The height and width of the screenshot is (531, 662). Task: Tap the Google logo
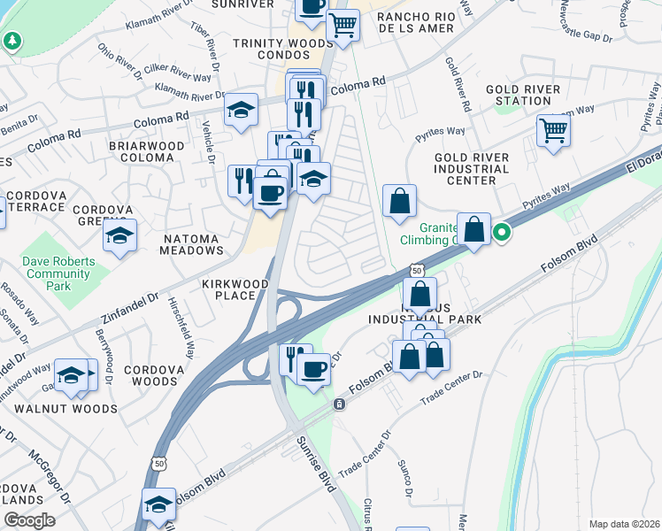pyautogui.click(x=29, y=520)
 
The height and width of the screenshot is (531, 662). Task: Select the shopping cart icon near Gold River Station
pyautogui.click(x=553, y=131)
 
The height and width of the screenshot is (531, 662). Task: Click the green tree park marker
pyautogui.click(x=12, y=41)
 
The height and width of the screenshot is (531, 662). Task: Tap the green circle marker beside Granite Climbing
pyautogui.click(x=502, y=233)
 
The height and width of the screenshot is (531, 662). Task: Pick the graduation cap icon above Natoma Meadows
pyautogui.click(x=119, y=235)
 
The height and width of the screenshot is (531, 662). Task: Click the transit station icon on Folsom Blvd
pyautogui.click(x=339, y=404)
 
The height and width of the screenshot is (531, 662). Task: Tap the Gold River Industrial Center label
pyautogui.click(x=471, y=168)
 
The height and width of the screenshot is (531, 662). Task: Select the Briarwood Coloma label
pyautogui.click(x=146, y=151)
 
